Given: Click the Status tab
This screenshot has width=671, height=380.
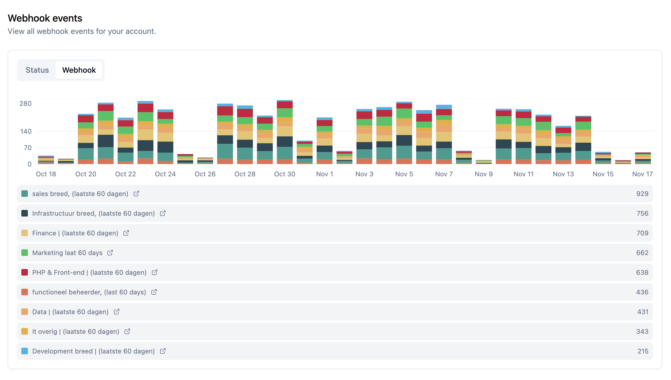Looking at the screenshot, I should click(37, 70).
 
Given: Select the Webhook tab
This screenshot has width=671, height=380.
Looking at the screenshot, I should click(79, 70).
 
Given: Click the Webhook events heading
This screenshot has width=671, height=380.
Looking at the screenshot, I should click(45, 18).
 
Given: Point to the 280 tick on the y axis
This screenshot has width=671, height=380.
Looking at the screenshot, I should click(25, 104).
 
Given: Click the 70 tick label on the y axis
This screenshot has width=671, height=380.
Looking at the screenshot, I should click(28, 148).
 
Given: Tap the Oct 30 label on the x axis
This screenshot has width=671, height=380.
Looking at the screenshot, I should click(285, 174).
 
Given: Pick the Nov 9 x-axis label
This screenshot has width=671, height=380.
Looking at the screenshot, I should click(484, 174).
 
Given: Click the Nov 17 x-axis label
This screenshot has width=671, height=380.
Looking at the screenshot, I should click(642, 174).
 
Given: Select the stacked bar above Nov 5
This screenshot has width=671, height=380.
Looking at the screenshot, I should click(404, 133).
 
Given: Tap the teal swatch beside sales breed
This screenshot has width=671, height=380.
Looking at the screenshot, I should click(25, 194).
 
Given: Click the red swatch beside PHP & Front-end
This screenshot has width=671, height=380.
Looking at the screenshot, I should click(25, 273).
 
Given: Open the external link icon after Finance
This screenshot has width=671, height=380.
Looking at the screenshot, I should click(126, 233).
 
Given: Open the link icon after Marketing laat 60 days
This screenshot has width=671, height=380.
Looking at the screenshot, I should click(110, 253).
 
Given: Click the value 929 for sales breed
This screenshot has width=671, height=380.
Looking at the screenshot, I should click(642, 194).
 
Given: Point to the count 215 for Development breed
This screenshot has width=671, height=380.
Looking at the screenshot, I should click(643, 351).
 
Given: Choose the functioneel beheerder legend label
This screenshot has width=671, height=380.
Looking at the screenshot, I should click(89, 292).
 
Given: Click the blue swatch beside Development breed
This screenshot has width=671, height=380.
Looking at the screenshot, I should click(25, 351).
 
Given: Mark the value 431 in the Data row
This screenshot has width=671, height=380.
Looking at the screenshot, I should click(643, 312).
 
